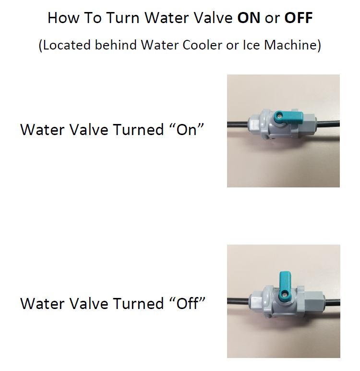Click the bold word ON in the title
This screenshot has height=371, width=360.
tap(249, 18)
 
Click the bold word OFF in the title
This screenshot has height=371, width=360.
tap(299, 18)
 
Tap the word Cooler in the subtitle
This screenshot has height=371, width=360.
tap(203, 45)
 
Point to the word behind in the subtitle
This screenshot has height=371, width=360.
tap(116, 45)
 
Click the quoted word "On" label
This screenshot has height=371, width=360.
tap(187, 129)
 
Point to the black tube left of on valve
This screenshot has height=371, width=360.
tap(238, 124)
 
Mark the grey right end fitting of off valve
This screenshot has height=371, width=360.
tap(314, 302)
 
